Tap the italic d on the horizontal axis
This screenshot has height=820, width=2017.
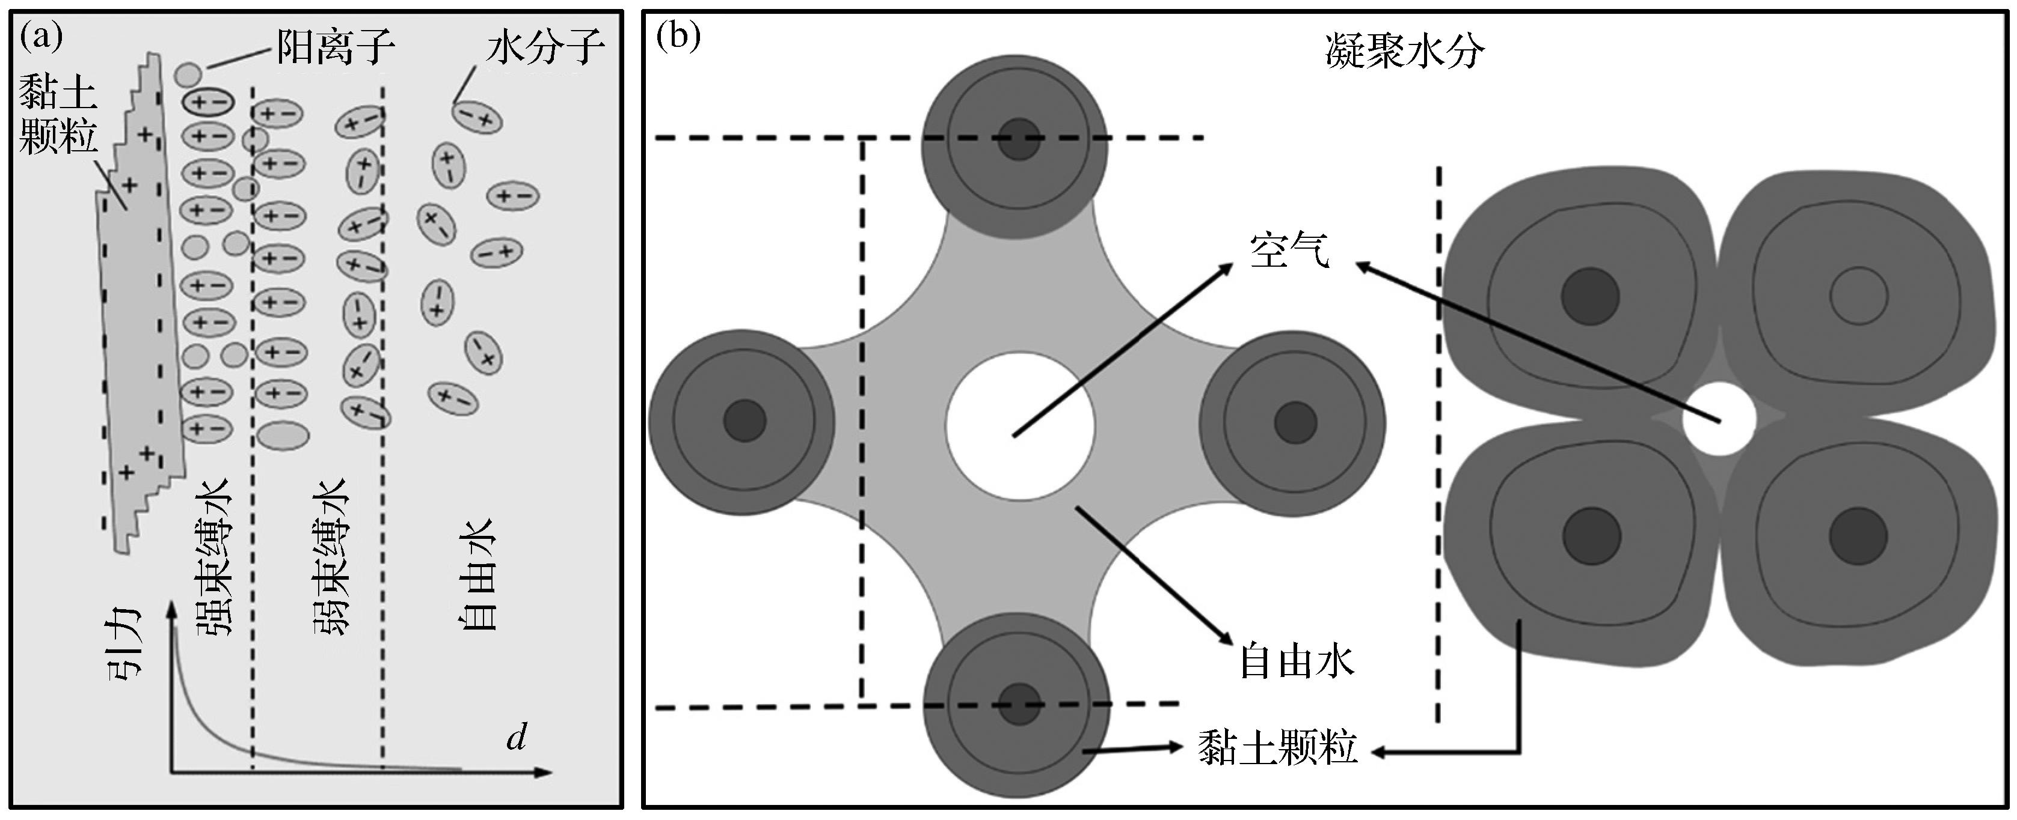coord(516,736)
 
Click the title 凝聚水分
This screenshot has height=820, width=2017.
coord(1405,53)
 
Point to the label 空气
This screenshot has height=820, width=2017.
coord(1289,252)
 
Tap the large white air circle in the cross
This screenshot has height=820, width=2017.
coord(1019,426)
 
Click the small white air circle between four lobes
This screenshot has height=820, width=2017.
coord(1719,419)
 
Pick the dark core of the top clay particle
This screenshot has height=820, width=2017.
coord(1019,140)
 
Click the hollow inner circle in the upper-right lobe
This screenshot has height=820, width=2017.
coord(1858,297)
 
